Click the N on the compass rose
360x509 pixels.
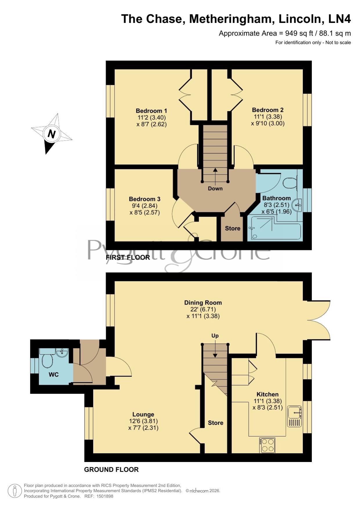click(52, 134)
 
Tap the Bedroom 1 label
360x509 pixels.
click(151, 111)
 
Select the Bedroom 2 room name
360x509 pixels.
click(268, 110)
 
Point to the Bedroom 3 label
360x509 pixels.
click(144, 199)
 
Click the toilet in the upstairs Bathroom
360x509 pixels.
click(289, 183)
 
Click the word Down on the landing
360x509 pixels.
click(215, 189)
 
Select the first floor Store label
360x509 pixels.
click(233, 228)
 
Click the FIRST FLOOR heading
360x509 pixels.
click(128, 257)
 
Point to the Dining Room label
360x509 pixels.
click(203, 302)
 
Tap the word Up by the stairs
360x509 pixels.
click(215, 336)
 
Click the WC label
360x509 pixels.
click(54, 374)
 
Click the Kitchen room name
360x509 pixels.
click(267, 394)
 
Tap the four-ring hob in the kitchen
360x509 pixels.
click(267, 445)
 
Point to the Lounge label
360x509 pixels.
click(143, 414)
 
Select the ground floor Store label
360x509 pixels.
click(216, 423)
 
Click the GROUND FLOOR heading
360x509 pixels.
click(111, 470)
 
